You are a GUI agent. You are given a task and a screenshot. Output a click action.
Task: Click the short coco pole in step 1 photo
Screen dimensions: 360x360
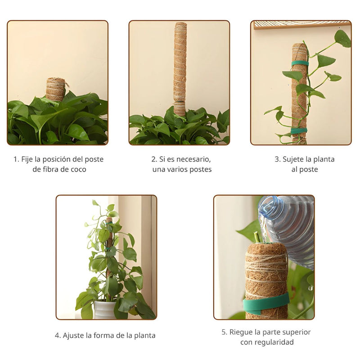[x=56, y=89]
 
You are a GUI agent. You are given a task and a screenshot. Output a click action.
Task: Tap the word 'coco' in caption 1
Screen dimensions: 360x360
[x=78, y=170]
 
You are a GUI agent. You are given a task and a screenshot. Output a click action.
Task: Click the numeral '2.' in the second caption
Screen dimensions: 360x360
[x=154, y=159]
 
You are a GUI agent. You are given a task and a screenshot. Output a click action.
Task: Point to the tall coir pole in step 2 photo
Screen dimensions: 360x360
[x=180, y=63]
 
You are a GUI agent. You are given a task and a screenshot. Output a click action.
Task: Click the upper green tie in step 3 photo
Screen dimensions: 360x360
[x=300, y=63]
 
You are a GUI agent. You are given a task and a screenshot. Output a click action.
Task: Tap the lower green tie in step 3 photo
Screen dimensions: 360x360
[x=299, y=130]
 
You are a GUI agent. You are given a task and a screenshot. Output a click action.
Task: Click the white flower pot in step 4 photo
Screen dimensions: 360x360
[x=104, y=310]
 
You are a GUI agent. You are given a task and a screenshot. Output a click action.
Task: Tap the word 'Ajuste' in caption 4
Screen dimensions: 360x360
[x=74, y=336]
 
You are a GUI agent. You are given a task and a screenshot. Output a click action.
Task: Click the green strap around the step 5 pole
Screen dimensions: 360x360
[x=266, y=303]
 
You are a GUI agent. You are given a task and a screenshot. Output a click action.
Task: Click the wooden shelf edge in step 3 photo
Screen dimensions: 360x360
[x=301, y=24]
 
